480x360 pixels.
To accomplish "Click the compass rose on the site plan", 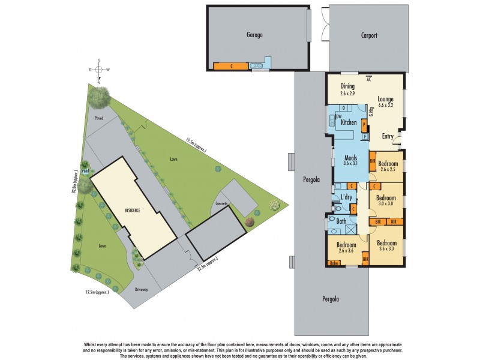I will (x=100, y=70).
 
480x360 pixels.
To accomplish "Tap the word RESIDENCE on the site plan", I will (x=133, y=211).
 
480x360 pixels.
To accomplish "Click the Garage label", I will (x=255, y=35).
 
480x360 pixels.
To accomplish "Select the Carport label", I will (x=368, y=35).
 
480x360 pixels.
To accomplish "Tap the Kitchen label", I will (x=349, y=122).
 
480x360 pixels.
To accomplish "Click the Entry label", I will (x=388, y=136).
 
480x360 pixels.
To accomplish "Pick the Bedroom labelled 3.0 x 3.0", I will (x=387, y=200).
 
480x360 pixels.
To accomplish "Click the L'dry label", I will (x=346, y=197).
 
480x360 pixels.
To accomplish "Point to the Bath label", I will (x=341, y=221).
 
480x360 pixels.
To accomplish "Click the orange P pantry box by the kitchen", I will (x=364, y=124).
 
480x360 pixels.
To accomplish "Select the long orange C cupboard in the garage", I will (x=230, y=65).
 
